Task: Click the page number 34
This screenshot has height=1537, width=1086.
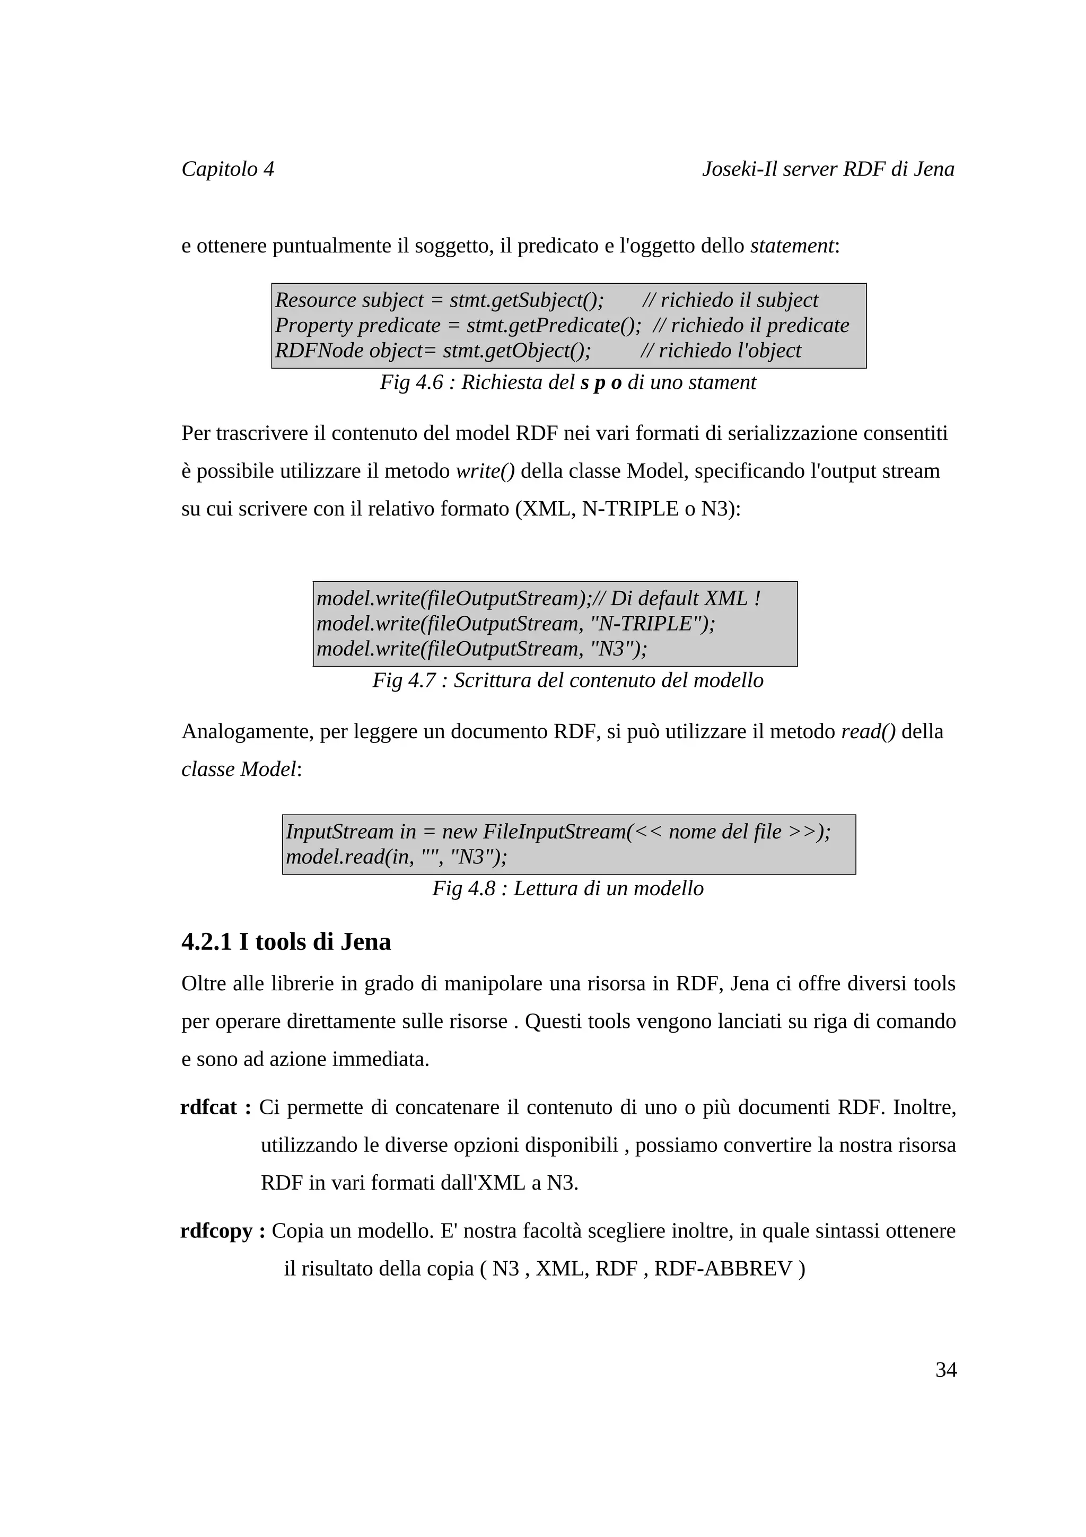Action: coord(945,1369)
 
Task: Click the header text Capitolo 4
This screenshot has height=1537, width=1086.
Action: coord(227,169)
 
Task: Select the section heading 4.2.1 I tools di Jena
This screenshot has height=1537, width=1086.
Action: coord(286,942)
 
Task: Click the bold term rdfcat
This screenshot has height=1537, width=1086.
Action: coord(209,1107)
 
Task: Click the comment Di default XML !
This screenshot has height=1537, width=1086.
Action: coord(685,598)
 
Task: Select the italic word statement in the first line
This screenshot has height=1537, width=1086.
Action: coord(792,246)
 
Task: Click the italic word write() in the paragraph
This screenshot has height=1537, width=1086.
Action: coord(485,471)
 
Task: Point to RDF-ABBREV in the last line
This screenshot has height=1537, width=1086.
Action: coord(723,1268)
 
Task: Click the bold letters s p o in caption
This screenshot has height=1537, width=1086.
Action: coord(601,382)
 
